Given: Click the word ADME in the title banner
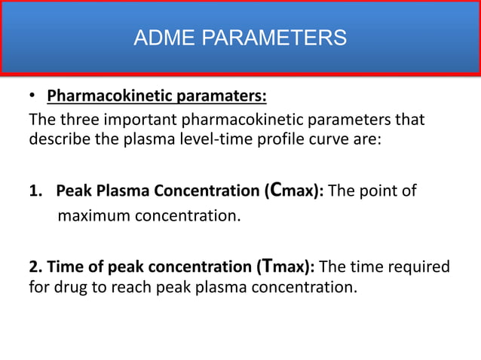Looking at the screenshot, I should point(160,37).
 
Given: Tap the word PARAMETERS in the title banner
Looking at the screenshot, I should point(268,37).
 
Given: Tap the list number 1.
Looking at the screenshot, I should point(35,191).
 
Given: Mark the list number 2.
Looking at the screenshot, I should point(35,267).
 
